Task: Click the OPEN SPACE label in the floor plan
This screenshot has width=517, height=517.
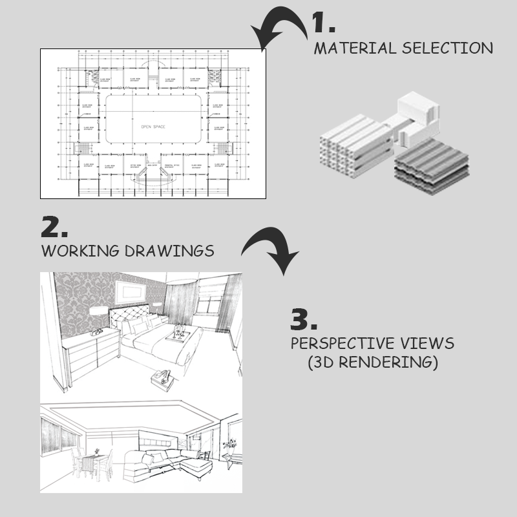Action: point(153,127)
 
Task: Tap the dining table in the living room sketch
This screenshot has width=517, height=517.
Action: point(90,461)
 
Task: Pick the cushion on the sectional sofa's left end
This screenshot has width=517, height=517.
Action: point(147,460)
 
